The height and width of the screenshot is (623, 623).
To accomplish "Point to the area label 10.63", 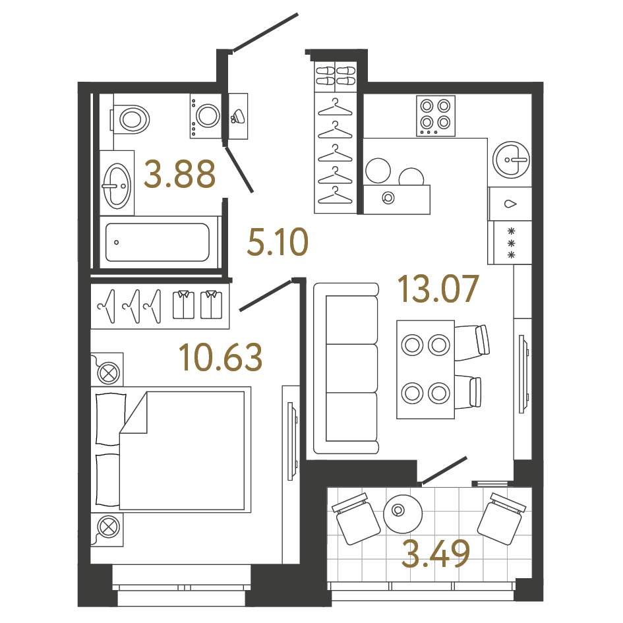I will tap(220, 357).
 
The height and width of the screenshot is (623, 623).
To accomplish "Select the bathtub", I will tap(158, 242).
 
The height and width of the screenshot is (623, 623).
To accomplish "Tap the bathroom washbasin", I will tap(117, 181).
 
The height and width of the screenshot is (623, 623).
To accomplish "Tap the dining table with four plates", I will tap(425, 369).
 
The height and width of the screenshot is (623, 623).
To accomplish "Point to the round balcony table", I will tap(402, 512).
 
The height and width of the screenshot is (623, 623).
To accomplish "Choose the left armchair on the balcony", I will tap(357, 518).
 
